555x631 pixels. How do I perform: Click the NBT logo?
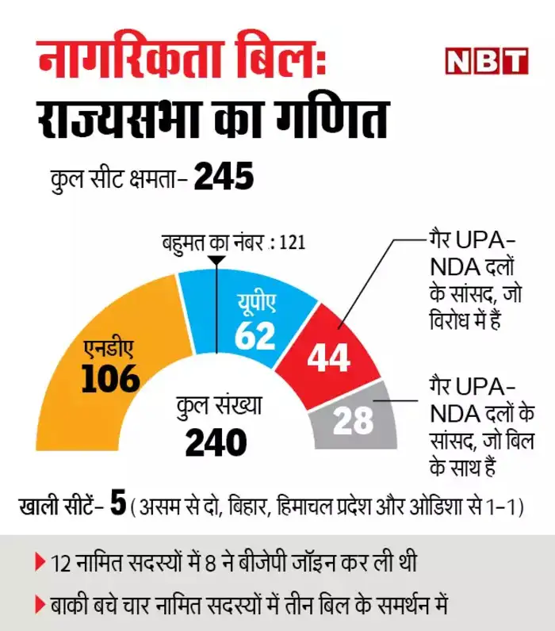tap(485, 61)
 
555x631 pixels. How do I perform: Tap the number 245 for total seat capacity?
tap(223, 177)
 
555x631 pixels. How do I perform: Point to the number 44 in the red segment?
tap(328, 358)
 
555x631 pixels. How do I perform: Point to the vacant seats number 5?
tap(118, 504)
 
